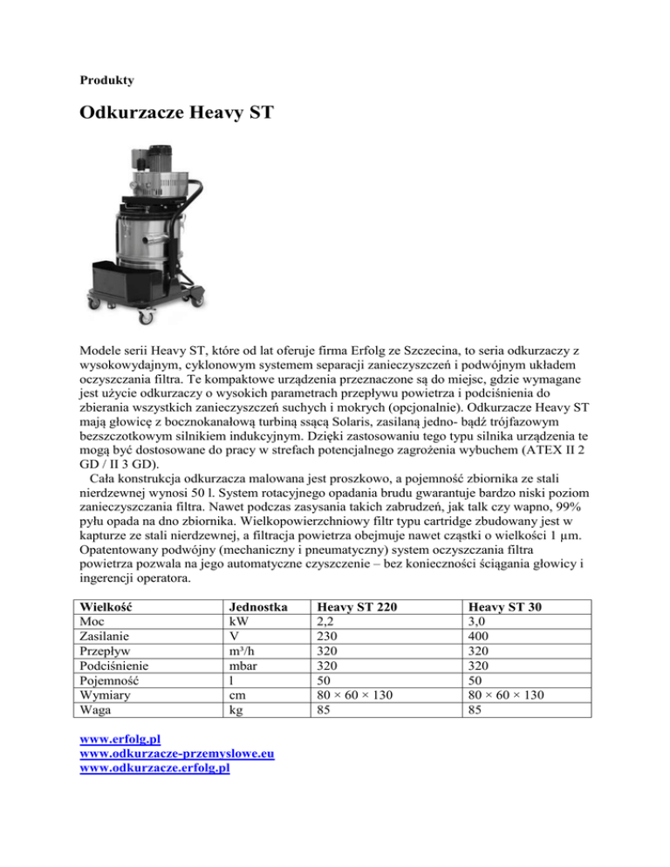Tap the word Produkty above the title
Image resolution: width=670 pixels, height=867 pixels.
(106, 80)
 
